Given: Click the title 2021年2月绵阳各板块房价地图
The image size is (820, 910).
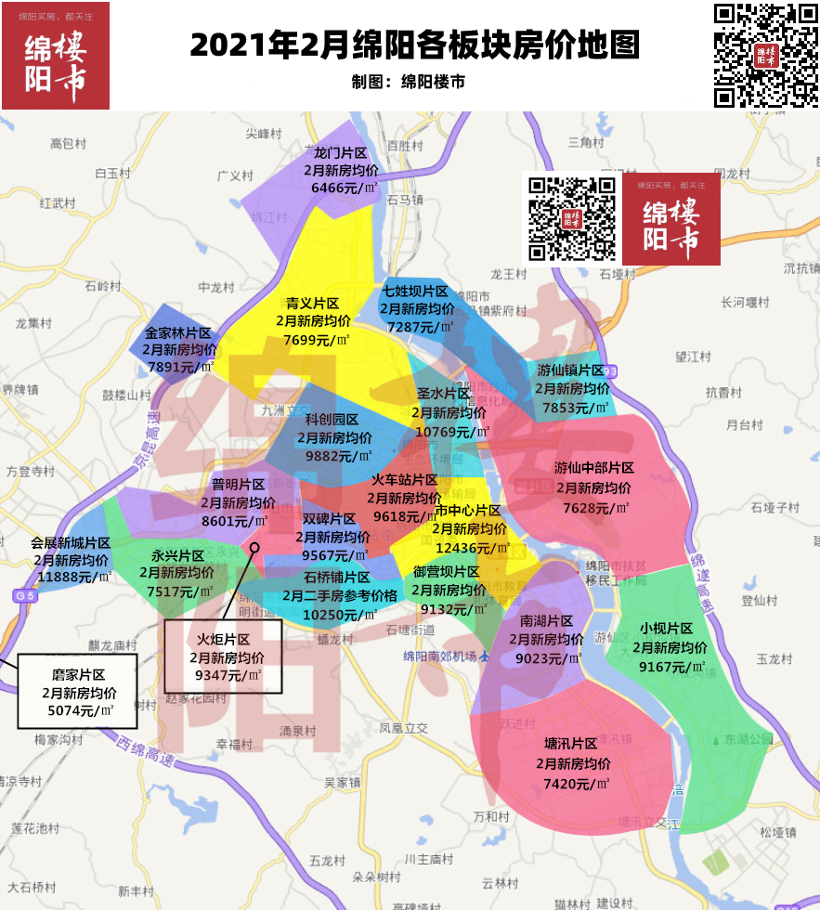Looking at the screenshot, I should coord(414,45).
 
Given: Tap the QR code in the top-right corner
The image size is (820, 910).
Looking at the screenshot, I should coord(765,55).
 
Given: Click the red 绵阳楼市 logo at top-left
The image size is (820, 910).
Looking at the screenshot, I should coord(56,56).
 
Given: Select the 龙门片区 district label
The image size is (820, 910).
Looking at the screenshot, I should coord(341,153).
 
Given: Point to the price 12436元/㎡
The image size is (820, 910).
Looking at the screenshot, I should coord(473,548).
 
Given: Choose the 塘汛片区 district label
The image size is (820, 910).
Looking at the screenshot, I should coord(570,745).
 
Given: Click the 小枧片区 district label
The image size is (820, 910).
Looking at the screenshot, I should coord(667,629).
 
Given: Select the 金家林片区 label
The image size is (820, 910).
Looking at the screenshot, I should coord(178,333).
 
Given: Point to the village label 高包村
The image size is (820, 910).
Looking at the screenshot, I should coord(68,144).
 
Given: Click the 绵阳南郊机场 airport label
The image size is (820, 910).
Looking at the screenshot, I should coord(440,656).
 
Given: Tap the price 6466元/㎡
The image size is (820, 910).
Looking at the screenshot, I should coord(344,188).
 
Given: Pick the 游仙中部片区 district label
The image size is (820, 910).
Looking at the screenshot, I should coord(594,468).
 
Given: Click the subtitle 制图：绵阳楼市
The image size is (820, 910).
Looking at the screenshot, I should coord(409,82).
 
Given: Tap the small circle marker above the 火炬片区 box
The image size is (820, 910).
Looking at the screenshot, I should coord(254,548).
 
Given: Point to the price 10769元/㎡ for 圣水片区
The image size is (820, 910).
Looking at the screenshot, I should coord(452,431).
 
